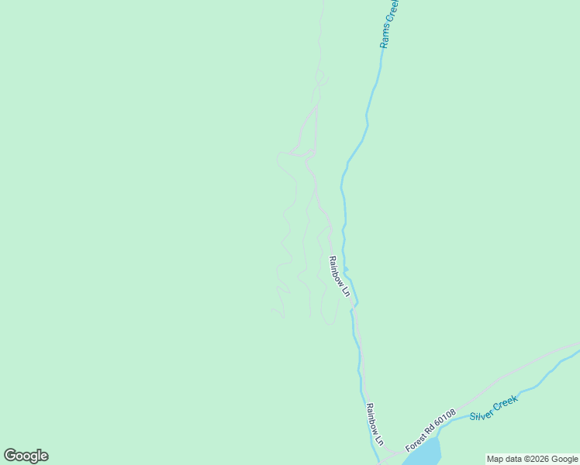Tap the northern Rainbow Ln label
click(x=340, y=277)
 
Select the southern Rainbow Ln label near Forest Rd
click(x=375, y=424)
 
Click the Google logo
click(x=26, y=456)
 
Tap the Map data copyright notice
click(x=532, y=459)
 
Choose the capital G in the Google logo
click(x=11, y=456)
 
